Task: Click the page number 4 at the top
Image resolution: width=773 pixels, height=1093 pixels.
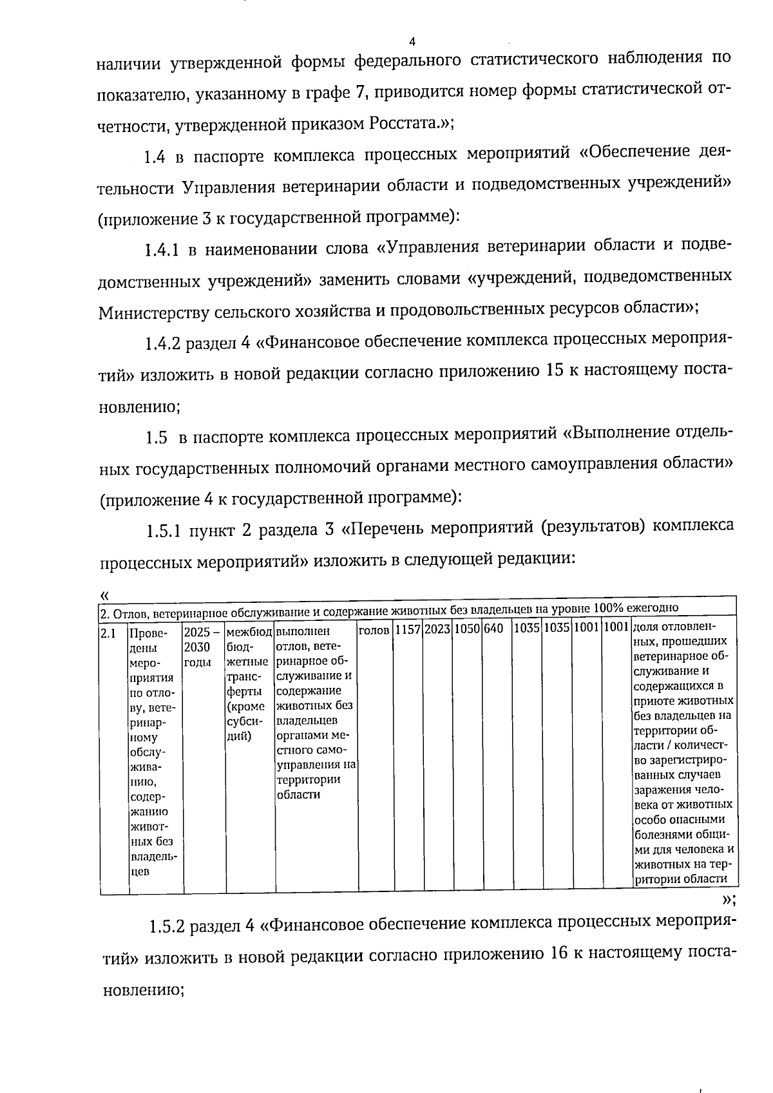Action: pos(412,42)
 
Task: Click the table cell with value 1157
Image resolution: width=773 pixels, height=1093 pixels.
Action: pos(408,628)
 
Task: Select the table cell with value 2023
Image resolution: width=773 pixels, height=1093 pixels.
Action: pos(438,628)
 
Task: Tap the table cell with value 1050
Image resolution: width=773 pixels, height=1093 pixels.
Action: pos(468,628)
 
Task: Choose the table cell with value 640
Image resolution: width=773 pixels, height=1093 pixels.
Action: pos(493,628)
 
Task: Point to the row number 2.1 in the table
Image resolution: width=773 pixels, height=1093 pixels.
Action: pos(108,633)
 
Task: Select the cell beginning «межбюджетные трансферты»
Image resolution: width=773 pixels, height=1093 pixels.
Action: pos(249,676)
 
